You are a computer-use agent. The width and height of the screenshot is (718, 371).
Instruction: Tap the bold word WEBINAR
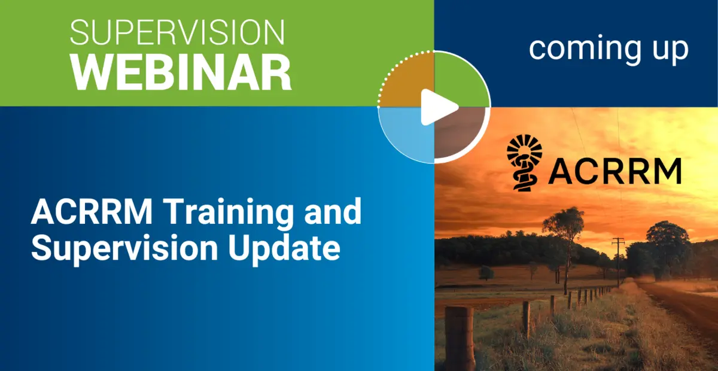point(181,72)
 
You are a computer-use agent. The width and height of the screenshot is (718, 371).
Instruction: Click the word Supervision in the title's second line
point(123,247)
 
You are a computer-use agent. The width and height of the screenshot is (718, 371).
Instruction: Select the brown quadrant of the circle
point(460,133)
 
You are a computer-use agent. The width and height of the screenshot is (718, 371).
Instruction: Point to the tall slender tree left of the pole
point(564,239)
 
